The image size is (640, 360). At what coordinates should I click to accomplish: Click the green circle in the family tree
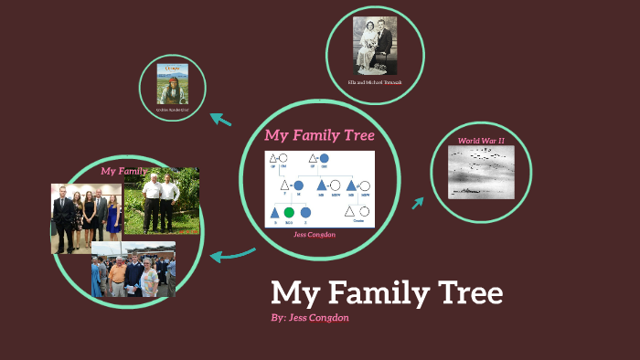click(290, 213)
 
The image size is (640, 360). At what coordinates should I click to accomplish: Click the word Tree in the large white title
click(463, 293)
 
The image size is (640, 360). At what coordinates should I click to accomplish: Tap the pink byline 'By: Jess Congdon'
click(311, 317)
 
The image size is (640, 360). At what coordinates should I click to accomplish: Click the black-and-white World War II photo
click(482, 172)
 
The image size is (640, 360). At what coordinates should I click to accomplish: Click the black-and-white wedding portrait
click(374, 45)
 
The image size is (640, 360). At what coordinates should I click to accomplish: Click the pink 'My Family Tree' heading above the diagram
click(319, 135)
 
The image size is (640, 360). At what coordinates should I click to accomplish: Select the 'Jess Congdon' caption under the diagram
click(314, 234)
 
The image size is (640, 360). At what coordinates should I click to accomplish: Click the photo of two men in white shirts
click(162, 200)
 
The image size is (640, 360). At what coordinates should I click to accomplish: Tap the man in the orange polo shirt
click(116, 275)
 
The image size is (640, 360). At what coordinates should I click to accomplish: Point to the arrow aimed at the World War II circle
click(418, 201)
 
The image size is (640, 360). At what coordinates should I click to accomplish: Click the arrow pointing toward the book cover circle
click(220, 119)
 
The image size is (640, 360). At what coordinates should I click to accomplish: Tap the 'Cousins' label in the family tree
click(358, 222)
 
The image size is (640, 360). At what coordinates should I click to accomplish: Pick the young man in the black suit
click(63, 217)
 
